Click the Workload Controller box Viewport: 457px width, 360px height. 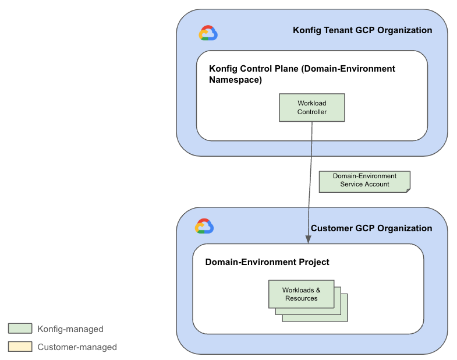(x=311, y=108)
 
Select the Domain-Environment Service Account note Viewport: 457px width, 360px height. (x=364, y=181)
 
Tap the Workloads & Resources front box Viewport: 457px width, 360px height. (x=301, y=294)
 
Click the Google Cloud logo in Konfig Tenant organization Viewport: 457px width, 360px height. (x=208, y=33)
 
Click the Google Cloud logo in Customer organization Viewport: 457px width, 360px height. (x=204, y=226)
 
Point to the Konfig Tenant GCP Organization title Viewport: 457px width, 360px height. (x=362, y=30)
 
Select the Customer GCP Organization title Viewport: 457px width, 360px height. (x=371, y=228)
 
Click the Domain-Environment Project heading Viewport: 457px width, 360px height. (x=267, y=262)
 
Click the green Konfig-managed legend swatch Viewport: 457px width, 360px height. (x=20, y=329)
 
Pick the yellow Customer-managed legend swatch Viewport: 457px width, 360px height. (x=20, y=347)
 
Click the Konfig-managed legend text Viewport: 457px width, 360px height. (x=70, y=329)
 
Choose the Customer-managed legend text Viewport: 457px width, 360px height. (x=77, y=347)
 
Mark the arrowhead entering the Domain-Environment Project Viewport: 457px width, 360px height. (x=307, y=239)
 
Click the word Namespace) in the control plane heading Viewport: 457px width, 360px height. (x=235, y=80)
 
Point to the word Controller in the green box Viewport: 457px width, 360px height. (x=312, y=112)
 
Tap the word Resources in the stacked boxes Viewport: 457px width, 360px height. (x=301, y=298)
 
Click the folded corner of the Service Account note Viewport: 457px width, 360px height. (x=407, y=189)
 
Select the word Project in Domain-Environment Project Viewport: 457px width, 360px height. (x=314, y=262)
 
